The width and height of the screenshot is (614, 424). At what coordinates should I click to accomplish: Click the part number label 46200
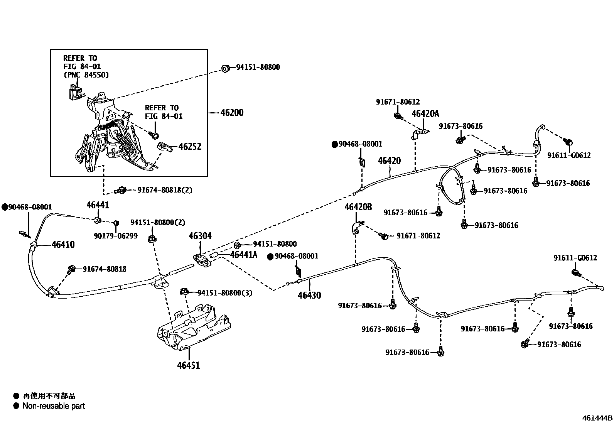tap(232, 113)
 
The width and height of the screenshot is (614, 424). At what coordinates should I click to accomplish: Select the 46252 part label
tap(190, 147)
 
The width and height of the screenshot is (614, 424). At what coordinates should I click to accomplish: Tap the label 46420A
tap(425, 113)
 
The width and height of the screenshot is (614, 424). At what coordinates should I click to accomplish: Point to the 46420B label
tap(358, 207)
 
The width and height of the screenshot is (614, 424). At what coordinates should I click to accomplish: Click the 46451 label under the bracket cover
tap(189, 365)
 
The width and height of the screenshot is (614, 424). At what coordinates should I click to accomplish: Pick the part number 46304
tap(200, 236)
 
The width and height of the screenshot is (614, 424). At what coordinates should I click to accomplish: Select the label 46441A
tap(243, 255)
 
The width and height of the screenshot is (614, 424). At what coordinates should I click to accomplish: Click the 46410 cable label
tap(63, 245)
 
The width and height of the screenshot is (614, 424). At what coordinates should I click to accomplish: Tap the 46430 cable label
tap(309, 296)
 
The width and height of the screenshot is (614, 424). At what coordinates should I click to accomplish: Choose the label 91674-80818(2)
tap(165, 190)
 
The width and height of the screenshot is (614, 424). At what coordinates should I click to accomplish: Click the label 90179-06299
tap(115, 236)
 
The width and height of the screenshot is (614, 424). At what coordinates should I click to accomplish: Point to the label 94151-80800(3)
tap(224, 293)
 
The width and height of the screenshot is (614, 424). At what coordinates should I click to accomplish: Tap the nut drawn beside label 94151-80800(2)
tap(152, 238)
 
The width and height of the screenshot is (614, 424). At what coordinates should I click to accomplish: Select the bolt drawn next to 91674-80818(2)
tap(121, 190)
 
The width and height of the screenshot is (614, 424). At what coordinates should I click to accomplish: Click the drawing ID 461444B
tap(597, 418)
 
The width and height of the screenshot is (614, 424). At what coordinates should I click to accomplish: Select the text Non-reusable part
tap(53, 406)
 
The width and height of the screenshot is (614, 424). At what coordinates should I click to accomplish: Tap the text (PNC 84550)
tap(86, 75)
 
